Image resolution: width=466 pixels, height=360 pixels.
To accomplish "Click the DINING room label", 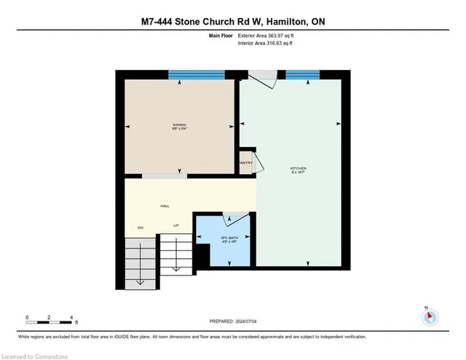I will click(x=179, y=125).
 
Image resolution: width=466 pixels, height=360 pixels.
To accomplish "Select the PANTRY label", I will click(x=245, y=163).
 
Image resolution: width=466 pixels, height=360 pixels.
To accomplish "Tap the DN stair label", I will click(x=141, y=227).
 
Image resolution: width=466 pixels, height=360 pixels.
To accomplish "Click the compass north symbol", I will click(x=430, y=317).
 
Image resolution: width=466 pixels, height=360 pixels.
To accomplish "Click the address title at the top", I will click(x=233, y=21).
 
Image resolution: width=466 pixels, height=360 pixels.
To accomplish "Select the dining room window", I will click(x=197, y=74).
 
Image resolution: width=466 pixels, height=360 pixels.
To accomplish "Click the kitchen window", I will click(x=301, y=74).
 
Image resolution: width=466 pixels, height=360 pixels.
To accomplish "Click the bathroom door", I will click(x=234, y=216).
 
